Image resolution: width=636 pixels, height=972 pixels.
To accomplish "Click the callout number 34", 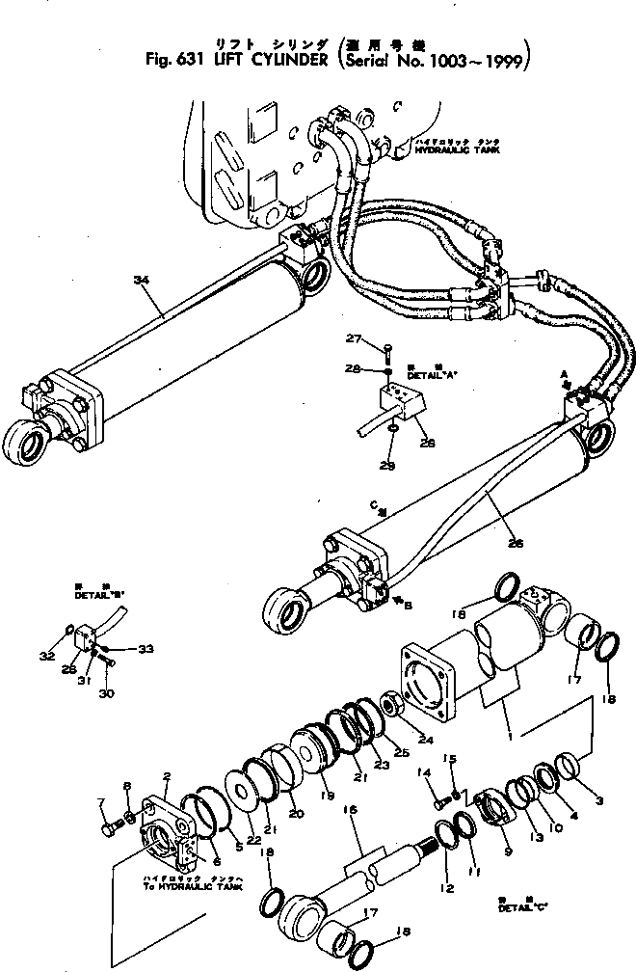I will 141,280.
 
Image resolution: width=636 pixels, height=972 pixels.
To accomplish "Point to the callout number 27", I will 353,338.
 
